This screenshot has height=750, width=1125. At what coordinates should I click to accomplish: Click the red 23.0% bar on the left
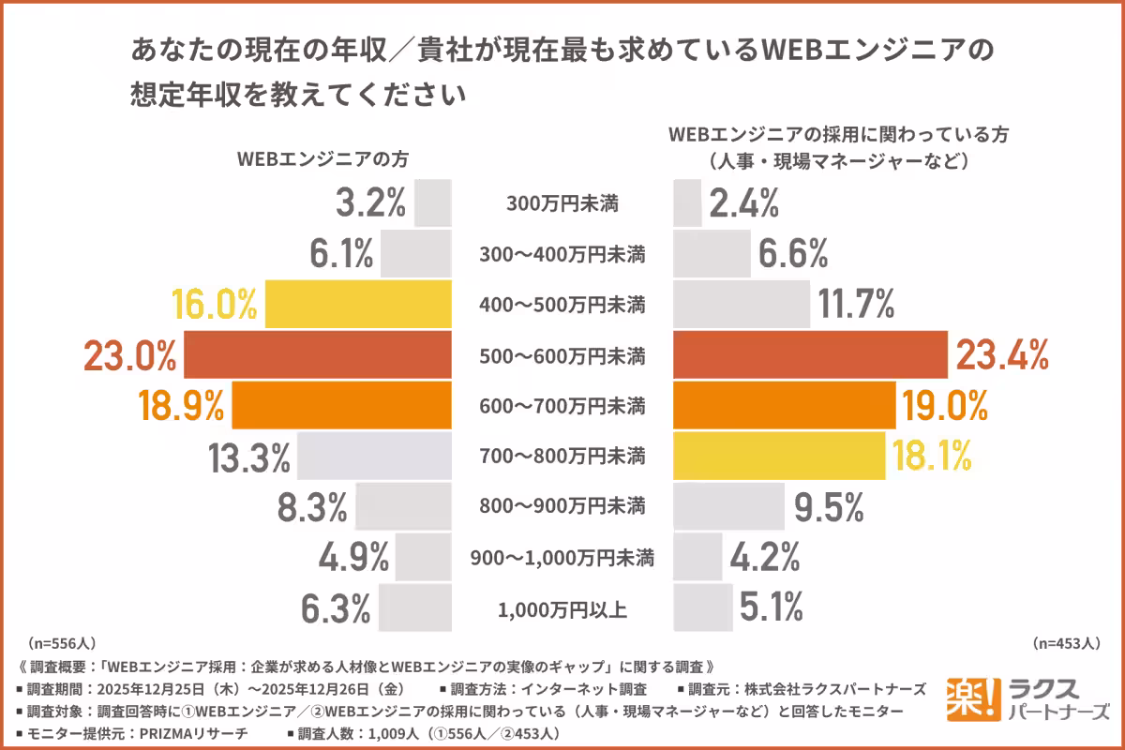pos(318,355)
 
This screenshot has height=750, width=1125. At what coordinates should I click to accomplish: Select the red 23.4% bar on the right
pos(811,355)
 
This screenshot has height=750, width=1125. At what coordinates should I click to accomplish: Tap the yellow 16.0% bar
pos(358,305)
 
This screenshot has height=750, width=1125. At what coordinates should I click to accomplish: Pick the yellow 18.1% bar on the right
pos(779,457)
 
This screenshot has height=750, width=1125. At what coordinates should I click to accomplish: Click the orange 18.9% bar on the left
pos(341,406)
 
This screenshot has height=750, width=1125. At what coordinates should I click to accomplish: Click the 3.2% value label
pos(370,203)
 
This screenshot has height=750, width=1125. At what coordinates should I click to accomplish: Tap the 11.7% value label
pos(856,305)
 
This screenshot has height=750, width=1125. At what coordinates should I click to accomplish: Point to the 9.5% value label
pos(828,507)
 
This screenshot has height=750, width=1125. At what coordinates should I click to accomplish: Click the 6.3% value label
pos(336,608)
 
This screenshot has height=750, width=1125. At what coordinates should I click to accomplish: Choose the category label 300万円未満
pos(562,203)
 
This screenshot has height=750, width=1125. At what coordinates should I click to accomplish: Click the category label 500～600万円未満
pos(562,356)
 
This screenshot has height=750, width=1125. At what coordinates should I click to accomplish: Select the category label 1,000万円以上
pos(562,609)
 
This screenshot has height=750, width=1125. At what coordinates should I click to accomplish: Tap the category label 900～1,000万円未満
pos(562,559)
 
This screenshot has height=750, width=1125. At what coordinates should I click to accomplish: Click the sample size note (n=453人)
pos(1066,644)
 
